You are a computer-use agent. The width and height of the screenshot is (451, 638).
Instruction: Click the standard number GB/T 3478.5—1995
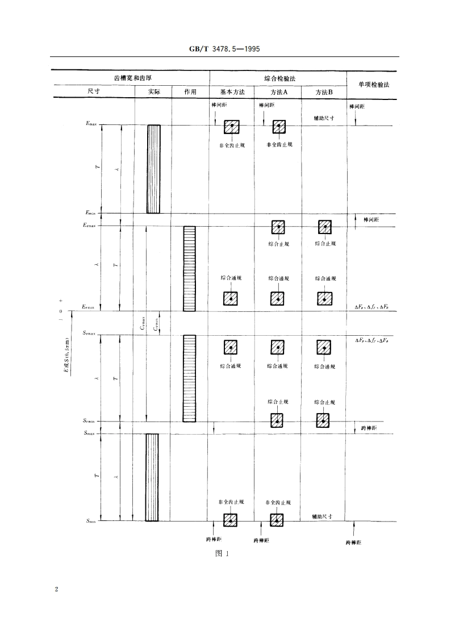tap(225, 49)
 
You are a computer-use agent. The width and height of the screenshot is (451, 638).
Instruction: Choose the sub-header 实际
tap(154, 92)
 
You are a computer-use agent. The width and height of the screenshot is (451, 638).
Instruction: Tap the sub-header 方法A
tap(278, 92)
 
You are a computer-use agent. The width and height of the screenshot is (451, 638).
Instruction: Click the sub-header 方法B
tap(324, 92)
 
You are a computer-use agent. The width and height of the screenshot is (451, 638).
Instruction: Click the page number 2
tap(56, 589)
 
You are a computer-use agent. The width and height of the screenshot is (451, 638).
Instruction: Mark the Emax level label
tap(91, 124)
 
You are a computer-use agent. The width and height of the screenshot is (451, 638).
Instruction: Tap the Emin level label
tap(91, 213)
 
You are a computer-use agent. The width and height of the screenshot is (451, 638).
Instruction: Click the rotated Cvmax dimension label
tap(143, 322)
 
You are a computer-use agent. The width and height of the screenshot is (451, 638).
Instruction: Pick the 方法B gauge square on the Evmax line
tap(324, 227)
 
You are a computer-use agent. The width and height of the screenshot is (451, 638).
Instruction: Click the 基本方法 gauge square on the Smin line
tap(230, 520)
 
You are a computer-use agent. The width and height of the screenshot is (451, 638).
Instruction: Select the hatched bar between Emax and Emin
tap(153, 169)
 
